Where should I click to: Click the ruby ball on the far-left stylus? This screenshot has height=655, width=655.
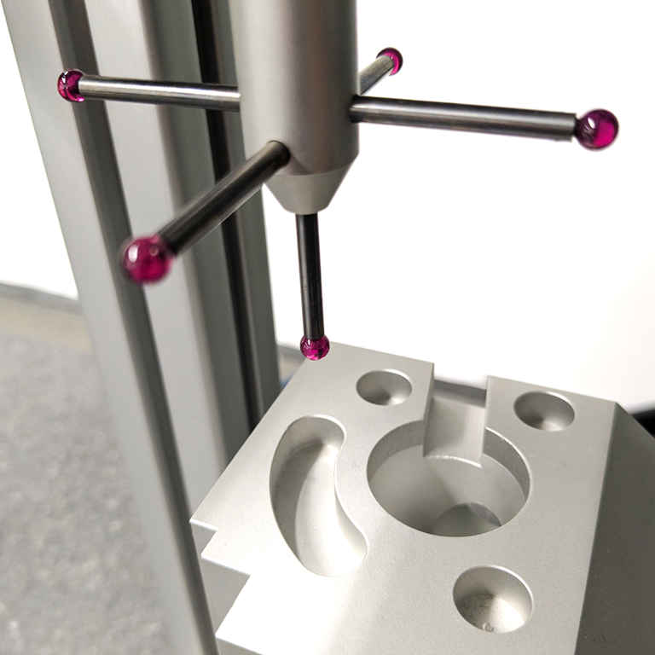pos(70,85)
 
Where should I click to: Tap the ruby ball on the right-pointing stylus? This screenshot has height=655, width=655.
pos(595,129)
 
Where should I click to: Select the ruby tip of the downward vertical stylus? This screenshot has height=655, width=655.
pos(315,346)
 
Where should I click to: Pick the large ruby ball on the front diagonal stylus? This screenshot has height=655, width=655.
pos(148,259)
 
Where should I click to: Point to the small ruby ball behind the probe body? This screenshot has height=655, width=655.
pos(391,61)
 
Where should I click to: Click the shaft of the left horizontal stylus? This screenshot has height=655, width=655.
pos(158,92)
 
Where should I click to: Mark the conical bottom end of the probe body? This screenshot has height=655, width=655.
pos(310,189)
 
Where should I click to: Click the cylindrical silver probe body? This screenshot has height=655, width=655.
pos(299,77)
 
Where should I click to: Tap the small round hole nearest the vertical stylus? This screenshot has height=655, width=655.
pos(384,386)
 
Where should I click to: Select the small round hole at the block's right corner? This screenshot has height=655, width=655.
pos(544,410)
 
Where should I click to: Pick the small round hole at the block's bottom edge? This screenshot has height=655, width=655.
pos(492,598)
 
